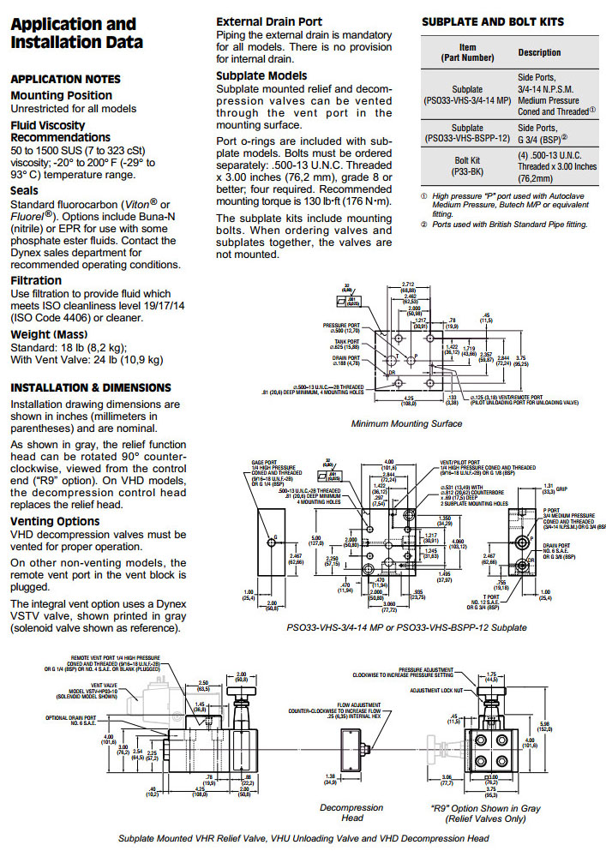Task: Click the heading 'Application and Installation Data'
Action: pos(76,33)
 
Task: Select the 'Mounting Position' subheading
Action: pos(61,95)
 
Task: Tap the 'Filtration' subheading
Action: pos(36,280)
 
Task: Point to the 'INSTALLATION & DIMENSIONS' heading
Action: pos(91,387)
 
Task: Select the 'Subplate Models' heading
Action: pos(261,75)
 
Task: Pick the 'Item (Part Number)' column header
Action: pos(467,52)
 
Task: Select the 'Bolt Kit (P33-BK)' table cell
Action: pos(467,165)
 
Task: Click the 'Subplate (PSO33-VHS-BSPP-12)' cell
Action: pos(467,133)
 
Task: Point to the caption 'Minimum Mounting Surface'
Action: pos(406,423)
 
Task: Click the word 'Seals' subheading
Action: pos(24,191)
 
